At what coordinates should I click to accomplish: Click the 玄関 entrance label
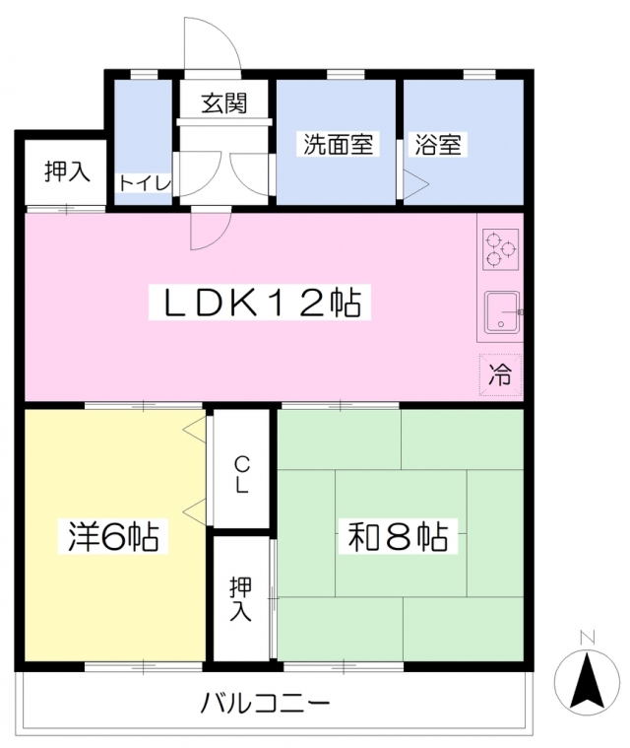tap(223, 102)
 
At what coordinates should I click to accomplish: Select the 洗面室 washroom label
tap(337, 144)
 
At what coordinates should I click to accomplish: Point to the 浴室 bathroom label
tap(439, 144)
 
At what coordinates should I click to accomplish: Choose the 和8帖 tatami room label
tap(399, 537)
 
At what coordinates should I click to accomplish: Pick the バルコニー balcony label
tap(266, 704)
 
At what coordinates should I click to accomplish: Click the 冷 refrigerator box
tap(500, 374)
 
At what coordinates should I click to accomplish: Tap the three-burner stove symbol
tap(500, 249)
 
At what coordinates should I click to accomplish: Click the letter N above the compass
tap(586, 638)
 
